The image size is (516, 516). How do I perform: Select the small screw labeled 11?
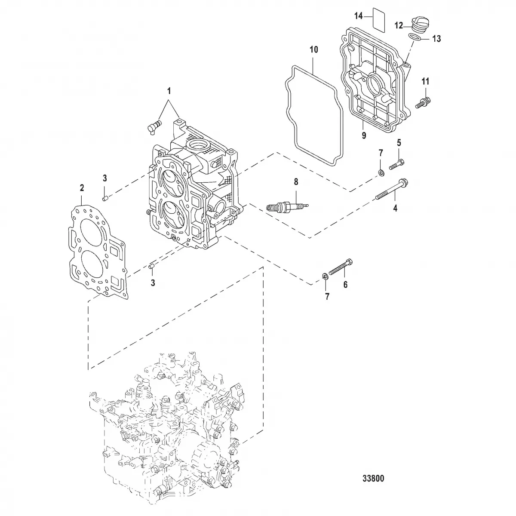click(424, 102)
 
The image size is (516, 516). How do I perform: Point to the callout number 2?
click(82, 187)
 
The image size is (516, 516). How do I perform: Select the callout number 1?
click(169, 91)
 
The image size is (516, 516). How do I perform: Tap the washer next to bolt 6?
click(325, 276)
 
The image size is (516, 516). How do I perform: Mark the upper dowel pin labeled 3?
click(104, 197)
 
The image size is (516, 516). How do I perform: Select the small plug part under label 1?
click(153, 126)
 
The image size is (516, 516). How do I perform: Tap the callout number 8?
click(295, 182)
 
